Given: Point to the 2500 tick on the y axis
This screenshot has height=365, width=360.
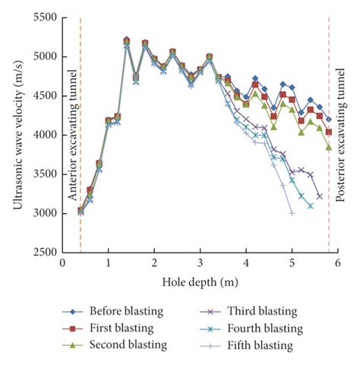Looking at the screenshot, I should (43, 252).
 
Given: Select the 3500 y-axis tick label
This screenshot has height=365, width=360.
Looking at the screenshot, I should (43, 174).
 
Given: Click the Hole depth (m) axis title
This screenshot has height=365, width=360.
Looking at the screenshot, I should (199, 281).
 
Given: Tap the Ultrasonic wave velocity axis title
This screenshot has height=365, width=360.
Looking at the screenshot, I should (13, 134).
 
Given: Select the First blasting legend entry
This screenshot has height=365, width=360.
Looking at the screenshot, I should (114, 328).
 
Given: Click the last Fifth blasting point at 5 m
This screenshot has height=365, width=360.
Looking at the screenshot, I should (292, 213).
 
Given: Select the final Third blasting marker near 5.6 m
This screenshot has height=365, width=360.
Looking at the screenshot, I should (320, 196).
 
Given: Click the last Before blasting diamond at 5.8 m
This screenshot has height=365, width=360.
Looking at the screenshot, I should (328, 119).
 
